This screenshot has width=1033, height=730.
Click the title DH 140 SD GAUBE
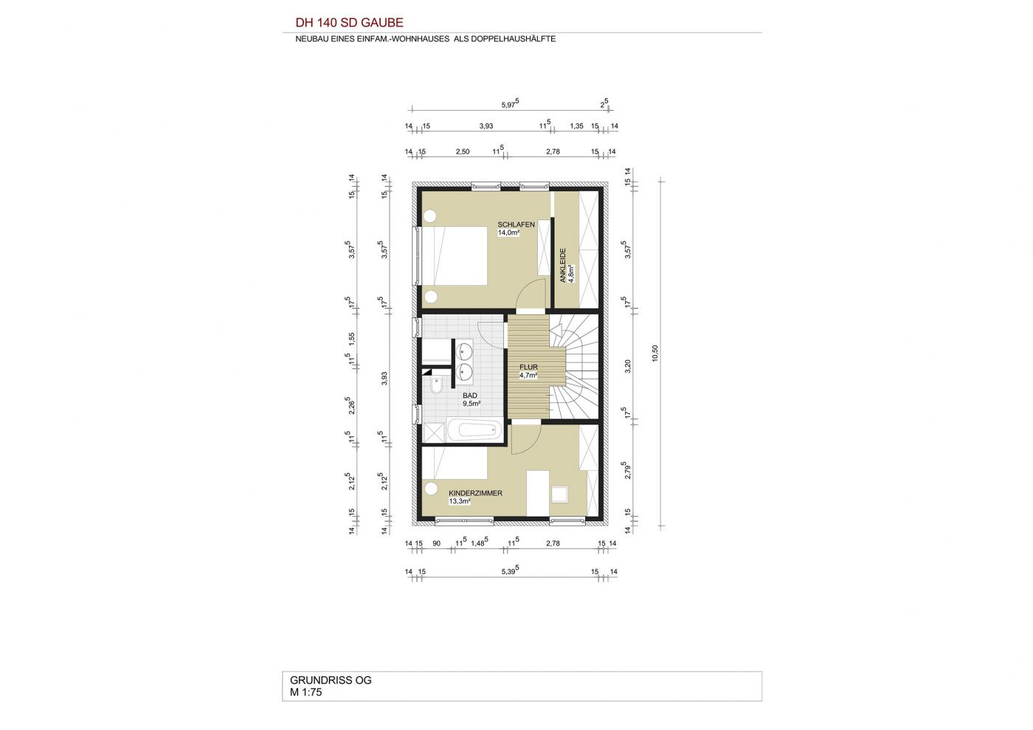pyautogui.click(x=349, y=23)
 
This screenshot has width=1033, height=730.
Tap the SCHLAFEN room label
pyautogui.click(x=516, y=224)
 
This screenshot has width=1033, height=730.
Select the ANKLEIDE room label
pyautogui.click(x=562, y=265)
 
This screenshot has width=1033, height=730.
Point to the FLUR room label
pyautogui.click(x=528, y=367)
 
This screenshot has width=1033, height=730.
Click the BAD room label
pyautogui.click(x=470, y=396)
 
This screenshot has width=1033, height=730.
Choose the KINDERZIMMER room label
pyautogui.click(x=475, y=493)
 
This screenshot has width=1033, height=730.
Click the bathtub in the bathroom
pyautogui.click(x=474, y=430)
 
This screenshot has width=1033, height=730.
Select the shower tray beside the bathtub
pyautogui.click(x=434, y=434)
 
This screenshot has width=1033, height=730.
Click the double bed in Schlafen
pyautogui.click(x=455, y=255)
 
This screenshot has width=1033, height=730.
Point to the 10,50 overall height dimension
pyautogui.click(x=655, y=353)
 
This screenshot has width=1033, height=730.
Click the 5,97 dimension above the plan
pyautogui.click(x=510, y=104)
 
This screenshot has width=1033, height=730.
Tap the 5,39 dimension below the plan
pyautogui.click(x=510, y=571)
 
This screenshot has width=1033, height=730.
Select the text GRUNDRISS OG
pyautogui.click(x=331, y=680)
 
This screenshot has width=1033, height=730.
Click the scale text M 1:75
pyautogui.click(x=305, y=692)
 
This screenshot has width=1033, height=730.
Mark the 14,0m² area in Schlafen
pyautogui.click(x=508, y=233)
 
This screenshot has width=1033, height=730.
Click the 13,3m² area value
pyautogui.click(x=460, y=501)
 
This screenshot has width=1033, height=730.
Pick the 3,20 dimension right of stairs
pyautogui.click(x=628, y=366)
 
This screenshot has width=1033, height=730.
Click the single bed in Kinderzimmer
pyautogui.click(x=455, y=463)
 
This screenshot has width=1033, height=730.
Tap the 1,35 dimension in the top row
pyautogui.click(x=576, y=126)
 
